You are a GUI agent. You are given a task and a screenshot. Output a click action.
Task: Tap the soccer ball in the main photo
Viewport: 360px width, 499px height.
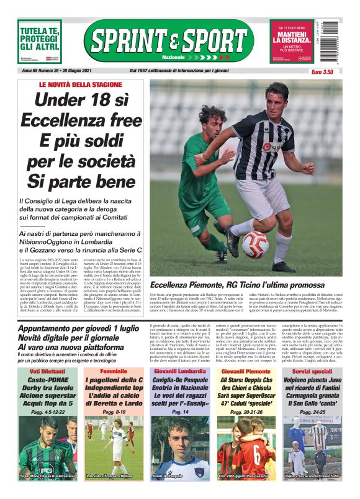255,244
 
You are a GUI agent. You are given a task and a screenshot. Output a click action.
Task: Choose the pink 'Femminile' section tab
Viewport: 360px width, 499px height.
114,371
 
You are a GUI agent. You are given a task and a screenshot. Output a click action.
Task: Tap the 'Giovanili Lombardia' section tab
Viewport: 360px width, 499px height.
179,371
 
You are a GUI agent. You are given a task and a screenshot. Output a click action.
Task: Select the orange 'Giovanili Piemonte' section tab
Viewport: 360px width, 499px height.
246,371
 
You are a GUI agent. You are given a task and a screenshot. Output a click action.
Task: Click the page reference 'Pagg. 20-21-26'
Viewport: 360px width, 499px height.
246,411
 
